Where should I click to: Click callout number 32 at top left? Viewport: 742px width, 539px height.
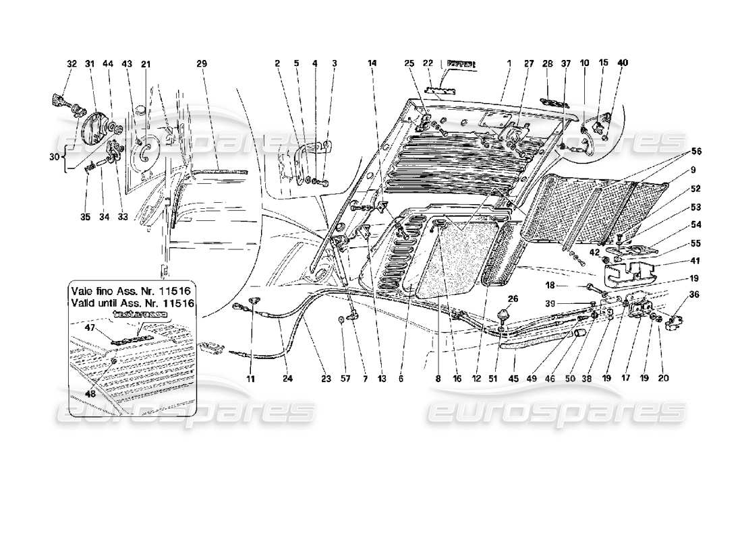pyautogui.click(x=72, y=64)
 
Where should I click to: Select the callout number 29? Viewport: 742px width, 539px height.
pyautogui.click(x=201, y=64)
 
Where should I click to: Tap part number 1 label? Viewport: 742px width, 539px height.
pyautogui.click(x=509, y=63)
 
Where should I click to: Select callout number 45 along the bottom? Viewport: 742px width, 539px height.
pyautogui.click(x=514, y=379)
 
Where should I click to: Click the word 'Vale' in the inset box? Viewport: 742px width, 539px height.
pyautogui.click(x=83, y=291)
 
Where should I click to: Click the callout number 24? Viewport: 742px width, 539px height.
pyautogui.click(x=288, y=379)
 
